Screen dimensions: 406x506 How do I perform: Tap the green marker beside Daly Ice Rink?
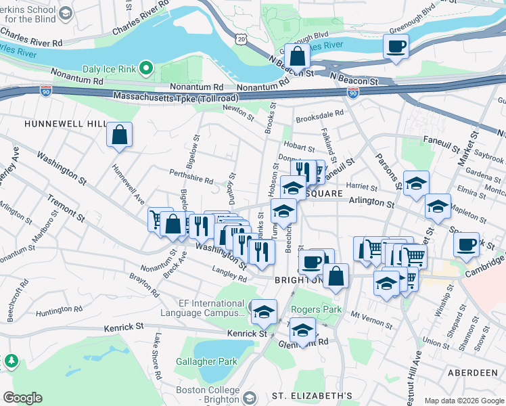[x=146, y=68]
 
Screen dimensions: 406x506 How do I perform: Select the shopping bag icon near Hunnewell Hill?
[x=119, y=135]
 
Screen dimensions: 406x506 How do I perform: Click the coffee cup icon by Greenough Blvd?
[x=396, y=47]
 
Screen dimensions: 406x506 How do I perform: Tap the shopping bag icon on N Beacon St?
[x=297, y=56]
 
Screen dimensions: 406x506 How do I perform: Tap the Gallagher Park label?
[x=206, y=361]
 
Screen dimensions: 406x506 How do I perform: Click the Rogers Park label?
[x=314, y=310]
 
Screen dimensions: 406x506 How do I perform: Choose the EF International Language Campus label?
[x=203, y=308]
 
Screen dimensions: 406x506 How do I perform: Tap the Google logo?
[x=22, y=398]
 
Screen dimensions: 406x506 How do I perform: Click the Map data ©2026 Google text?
[x=463, y=401]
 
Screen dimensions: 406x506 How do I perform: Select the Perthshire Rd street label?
[x=191, y=177]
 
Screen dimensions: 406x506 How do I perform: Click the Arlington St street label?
[x=371, y=202]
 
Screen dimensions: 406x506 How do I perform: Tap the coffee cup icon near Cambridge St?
[x=466, y=244]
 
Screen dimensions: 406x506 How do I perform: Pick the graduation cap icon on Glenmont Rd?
[x=302, y=330]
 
